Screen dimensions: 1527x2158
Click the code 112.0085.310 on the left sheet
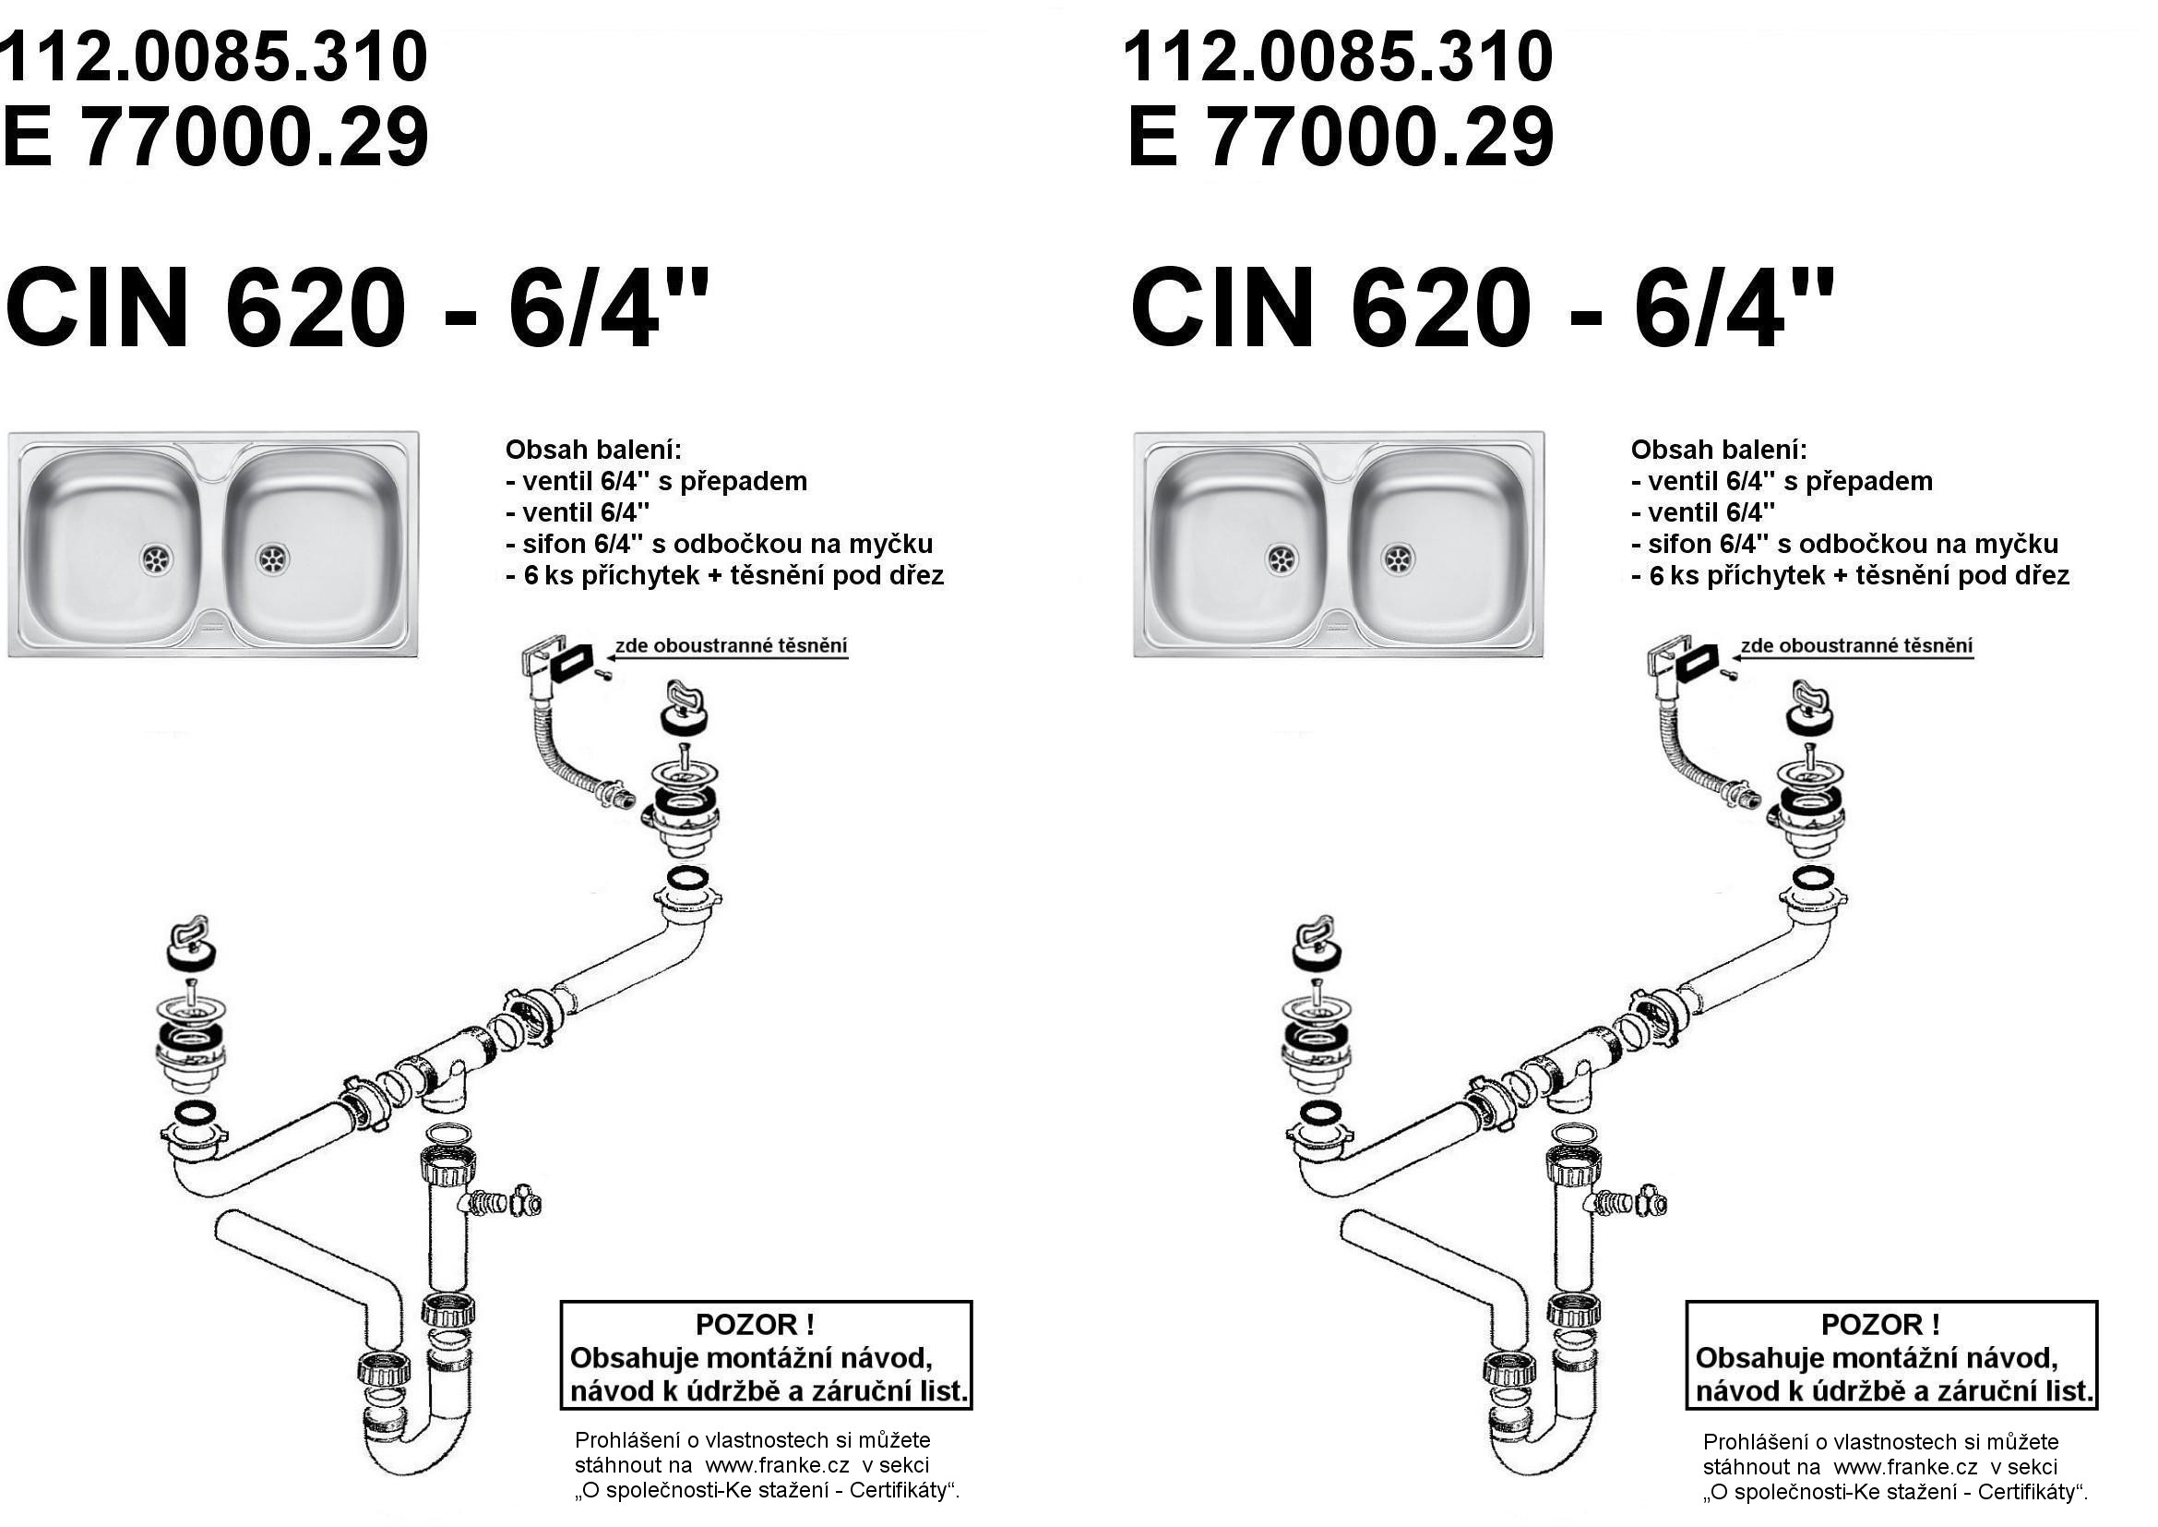click(x=214, y=56)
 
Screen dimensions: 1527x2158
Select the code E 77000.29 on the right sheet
click(x=1340, y=138)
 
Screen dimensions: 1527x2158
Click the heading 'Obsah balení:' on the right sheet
click(x=1718, y=450)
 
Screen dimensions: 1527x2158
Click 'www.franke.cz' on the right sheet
click(x=1904, y=1467)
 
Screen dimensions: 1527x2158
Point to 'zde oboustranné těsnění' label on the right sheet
click(x=1856, y=647)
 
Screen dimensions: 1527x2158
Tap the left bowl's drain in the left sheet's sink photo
click(x=157, y=559)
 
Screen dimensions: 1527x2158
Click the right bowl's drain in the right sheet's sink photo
click(x=1398, y=559)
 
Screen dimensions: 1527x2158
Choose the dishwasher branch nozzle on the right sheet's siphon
click(x=1620, y=1202)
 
